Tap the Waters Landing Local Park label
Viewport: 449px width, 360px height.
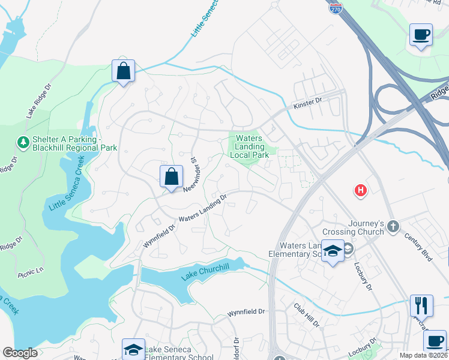(x=249, y=146)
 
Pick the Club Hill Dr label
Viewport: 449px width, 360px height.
(x=307, y=314)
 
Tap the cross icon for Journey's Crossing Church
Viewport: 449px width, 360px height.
(x=393, y=226)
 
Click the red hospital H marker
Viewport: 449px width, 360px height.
(x=360, y=191)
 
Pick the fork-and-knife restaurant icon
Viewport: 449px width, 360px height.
(x=421, y=305)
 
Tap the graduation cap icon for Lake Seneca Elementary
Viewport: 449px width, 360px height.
(x=133, y=349)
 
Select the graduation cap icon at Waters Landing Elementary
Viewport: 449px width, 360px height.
(x=332, y=251)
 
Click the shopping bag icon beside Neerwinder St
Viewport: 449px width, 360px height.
(x=171, y=176)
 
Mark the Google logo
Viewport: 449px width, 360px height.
(x=20, y=353)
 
